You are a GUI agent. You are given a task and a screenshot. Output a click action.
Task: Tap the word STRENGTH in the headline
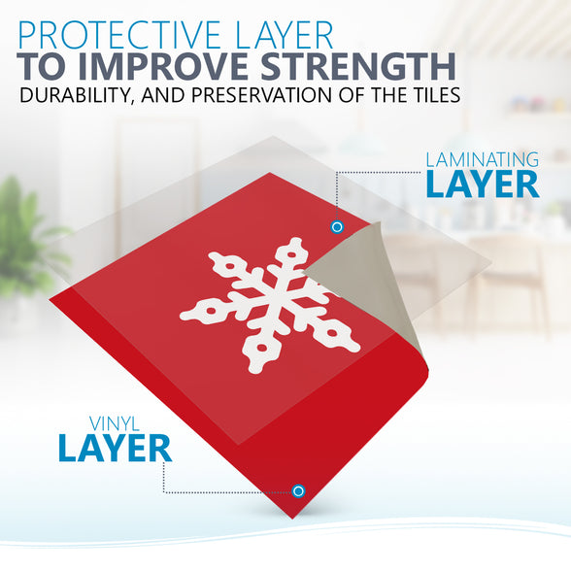[x=358, y=66]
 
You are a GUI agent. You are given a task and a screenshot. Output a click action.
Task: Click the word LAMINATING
[x=482, y=160]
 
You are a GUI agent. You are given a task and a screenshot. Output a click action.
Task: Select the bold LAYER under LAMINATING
[x=483, y=185]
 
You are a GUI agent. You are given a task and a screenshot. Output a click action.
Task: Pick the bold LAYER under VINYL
[x=115, y=449]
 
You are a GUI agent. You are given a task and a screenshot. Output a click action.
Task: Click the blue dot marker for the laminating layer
[x=337, y=227]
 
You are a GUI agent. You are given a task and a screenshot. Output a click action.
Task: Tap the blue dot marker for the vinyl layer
[x=298, y=491]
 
